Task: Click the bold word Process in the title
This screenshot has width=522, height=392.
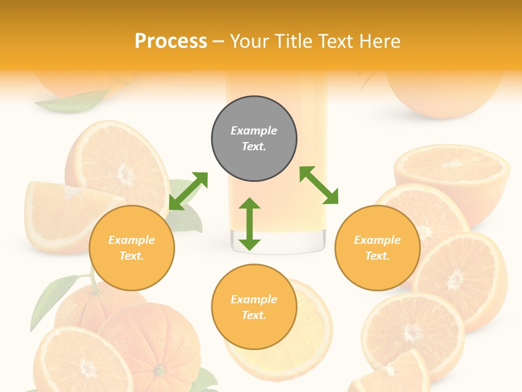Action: pos(171,41)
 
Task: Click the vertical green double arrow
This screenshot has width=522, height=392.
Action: pos(250,224)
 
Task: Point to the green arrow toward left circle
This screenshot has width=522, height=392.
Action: pos(188,191)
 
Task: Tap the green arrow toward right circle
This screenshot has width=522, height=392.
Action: pos(319,185)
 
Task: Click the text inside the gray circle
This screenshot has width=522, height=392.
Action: pos(254,138)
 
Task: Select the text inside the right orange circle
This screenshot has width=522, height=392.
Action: pos(377,248)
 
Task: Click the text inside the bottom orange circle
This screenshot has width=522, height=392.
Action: pos(254,307)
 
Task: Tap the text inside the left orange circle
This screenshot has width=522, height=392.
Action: pos(132,248)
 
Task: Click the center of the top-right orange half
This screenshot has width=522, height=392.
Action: pos(451,164)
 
